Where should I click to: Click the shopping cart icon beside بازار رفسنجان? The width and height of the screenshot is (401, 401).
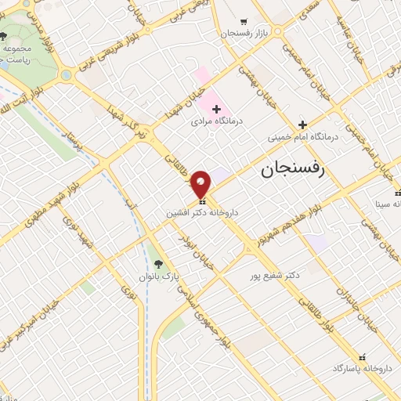(x=244, y=21)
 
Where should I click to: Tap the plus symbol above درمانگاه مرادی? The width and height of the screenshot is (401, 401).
(x=216, y=108)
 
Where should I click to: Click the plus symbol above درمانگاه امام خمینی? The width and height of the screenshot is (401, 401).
(x=302, y=124)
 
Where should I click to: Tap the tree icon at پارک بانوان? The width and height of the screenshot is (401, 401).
(x=159, y=264)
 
